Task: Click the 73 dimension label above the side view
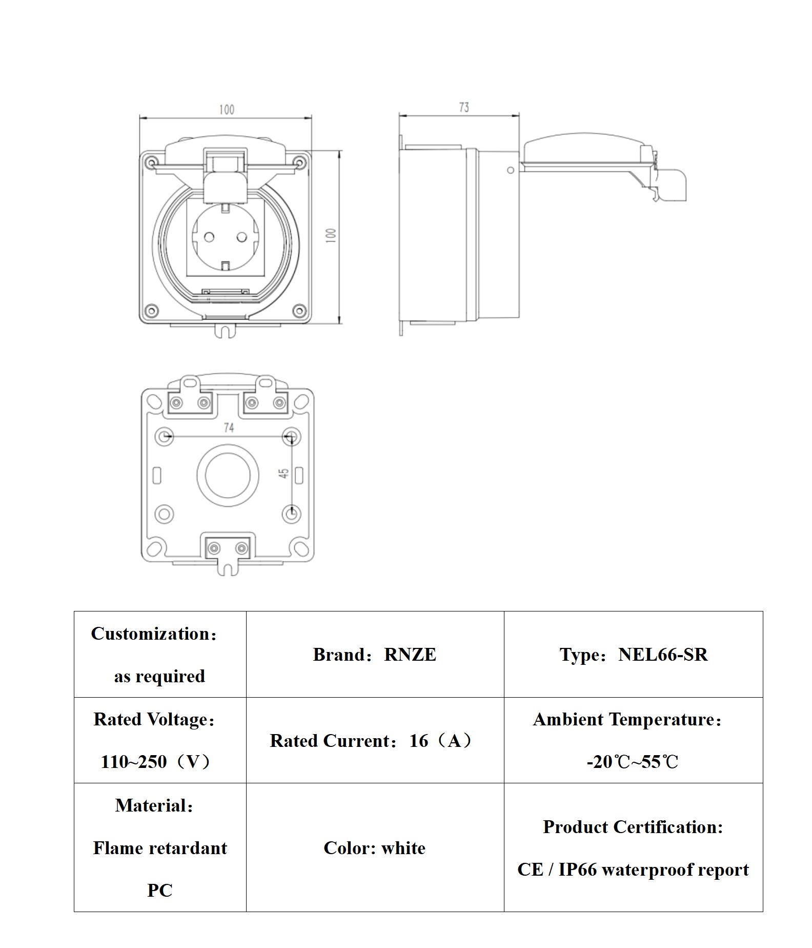(x=463, y=107)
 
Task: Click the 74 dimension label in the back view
(x=229, y=427)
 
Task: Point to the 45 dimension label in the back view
(x=283, y=473)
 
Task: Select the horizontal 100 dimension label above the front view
(x=227, y=109)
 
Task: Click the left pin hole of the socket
(x=209, y=236)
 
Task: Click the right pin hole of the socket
(x=242, y=236)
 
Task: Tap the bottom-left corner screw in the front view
(x=151, y=310)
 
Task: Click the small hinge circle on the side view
(x=510, y=170)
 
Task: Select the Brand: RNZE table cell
(x=374, y=655)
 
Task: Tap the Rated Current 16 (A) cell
(x=374, y=740)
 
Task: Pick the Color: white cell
(x=374, y=848)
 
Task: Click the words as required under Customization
(x=159, y=676)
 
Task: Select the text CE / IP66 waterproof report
(x=633, y=870)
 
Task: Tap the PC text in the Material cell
(x=159, y=890)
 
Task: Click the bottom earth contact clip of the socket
(x=226, y=265)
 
